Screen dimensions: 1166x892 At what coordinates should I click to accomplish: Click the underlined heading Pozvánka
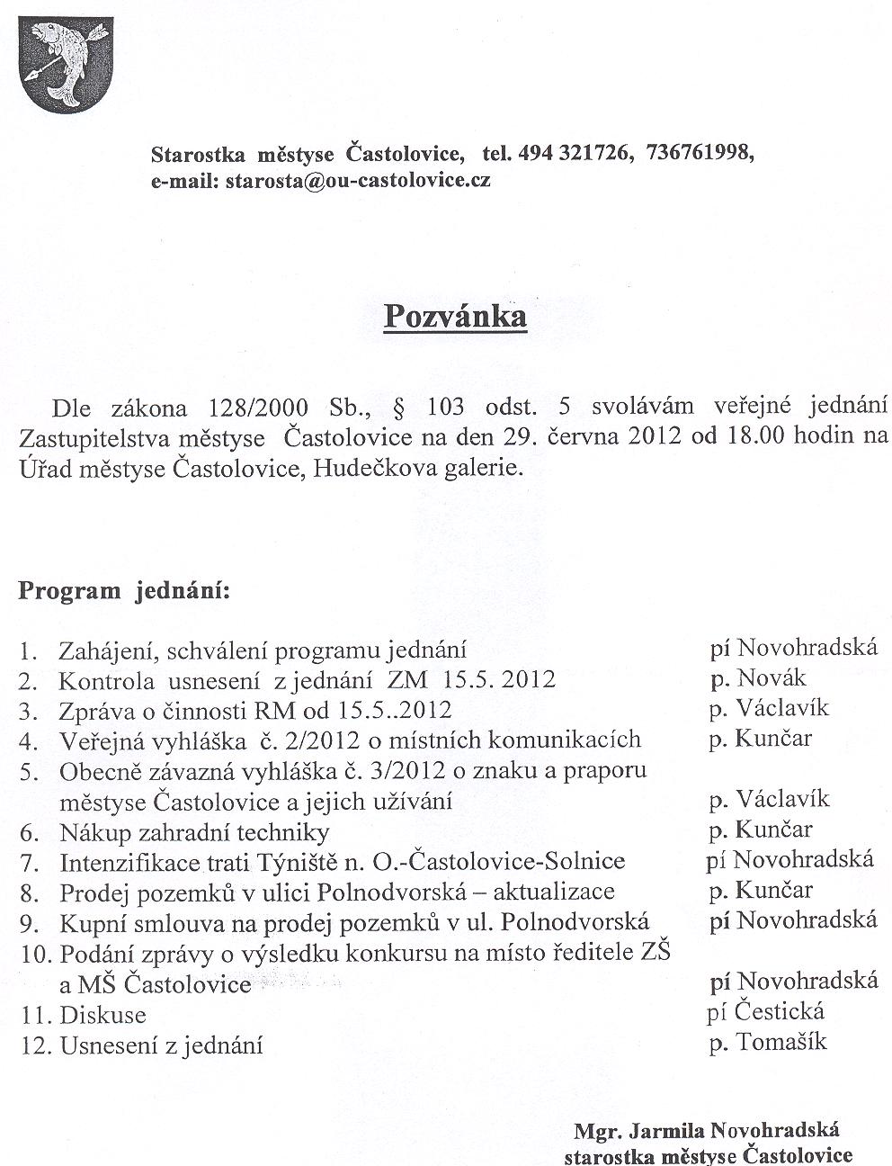pyautogui.click(x=455, y=317)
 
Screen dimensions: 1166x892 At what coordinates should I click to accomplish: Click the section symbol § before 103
pyautogui.click(x=399, y=408)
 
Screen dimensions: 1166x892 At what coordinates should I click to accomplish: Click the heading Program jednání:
pyautogui.click(x=124, y=591)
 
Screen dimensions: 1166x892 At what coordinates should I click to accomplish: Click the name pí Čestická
pyautogui.click(x=766, y=1011)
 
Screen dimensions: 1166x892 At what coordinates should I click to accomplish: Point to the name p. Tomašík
pyautogui.click(x=768, y=1042)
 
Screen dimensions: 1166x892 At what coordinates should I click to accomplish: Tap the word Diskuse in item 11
pyautogui.click(x=103, y=1016)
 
